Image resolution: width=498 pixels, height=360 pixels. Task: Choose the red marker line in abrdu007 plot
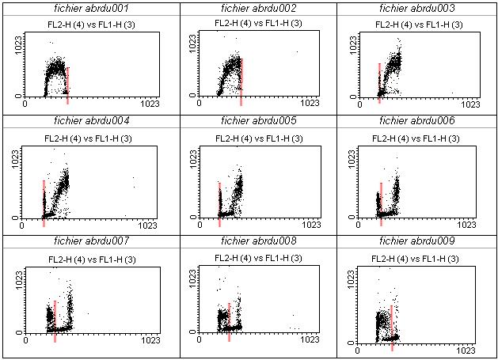(55, 320)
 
